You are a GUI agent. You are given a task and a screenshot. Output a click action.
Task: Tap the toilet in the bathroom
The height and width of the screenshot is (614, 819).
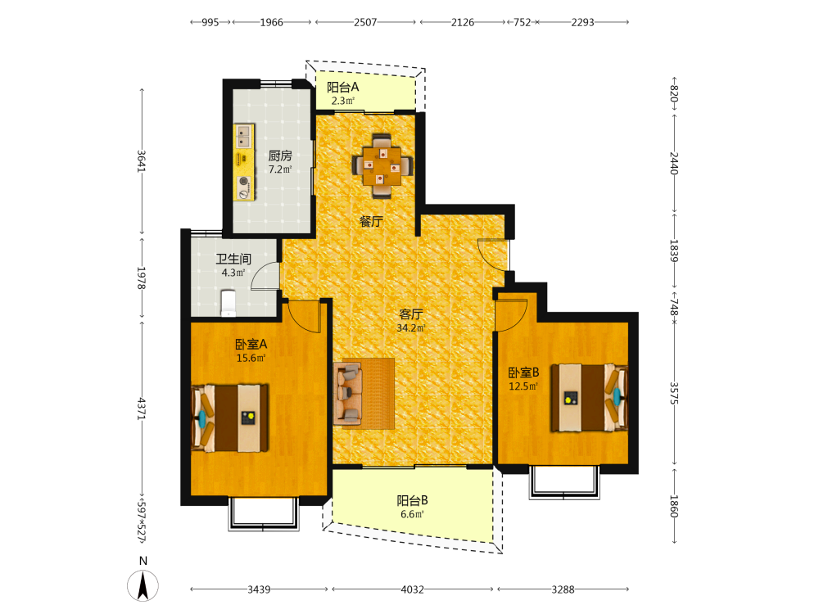229,304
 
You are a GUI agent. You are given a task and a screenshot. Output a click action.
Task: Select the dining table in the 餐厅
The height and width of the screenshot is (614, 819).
382,166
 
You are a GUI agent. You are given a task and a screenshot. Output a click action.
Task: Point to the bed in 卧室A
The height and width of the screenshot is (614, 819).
230,418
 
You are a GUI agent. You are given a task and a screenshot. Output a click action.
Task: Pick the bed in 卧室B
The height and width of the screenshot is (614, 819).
589,398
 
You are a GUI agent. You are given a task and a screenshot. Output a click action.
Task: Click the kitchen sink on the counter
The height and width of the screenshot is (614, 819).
243,137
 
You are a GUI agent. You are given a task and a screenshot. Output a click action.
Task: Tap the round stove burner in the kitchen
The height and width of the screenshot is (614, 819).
243,181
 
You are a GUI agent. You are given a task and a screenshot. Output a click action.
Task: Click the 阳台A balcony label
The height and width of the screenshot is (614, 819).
342,88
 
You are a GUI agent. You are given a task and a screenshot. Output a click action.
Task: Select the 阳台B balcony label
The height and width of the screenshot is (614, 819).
412,500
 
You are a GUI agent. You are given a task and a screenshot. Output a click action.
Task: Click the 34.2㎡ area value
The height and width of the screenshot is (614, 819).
411,328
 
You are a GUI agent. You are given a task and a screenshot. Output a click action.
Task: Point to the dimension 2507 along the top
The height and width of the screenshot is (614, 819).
365,22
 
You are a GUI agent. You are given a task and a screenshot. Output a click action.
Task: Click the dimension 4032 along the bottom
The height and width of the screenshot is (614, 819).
412,589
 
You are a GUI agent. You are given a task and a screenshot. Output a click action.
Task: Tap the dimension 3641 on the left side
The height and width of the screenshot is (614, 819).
142,160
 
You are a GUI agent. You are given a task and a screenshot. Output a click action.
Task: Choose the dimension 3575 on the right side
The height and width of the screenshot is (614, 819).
674,393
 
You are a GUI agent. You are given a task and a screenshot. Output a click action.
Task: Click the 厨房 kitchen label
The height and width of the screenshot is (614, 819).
280,156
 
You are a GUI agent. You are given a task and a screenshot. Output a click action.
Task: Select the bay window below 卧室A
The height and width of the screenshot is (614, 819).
264,514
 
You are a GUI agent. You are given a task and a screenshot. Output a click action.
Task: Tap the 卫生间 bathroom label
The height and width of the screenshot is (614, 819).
233,259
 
